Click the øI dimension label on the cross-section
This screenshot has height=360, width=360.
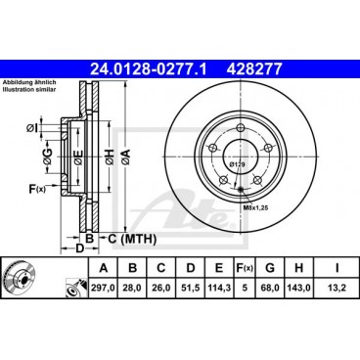(x=31, y=127)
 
